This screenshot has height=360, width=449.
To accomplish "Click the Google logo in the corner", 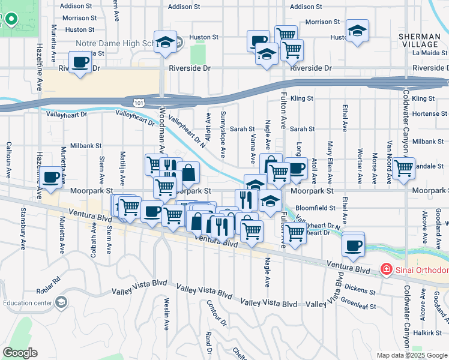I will click(20, 353).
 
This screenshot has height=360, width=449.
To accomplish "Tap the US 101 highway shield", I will click(139, 103).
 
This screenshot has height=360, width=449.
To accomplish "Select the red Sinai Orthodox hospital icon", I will click(387, 270).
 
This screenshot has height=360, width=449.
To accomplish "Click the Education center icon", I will click(61, 302).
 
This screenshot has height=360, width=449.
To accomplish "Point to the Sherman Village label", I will click(419, 40).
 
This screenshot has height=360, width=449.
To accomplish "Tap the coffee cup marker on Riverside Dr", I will click(80, 62).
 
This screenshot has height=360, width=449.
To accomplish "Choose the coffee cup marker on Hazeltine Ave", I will click(52, 178).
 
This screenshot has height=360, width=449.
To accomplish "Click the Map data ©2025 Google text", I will click(411, 355).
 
